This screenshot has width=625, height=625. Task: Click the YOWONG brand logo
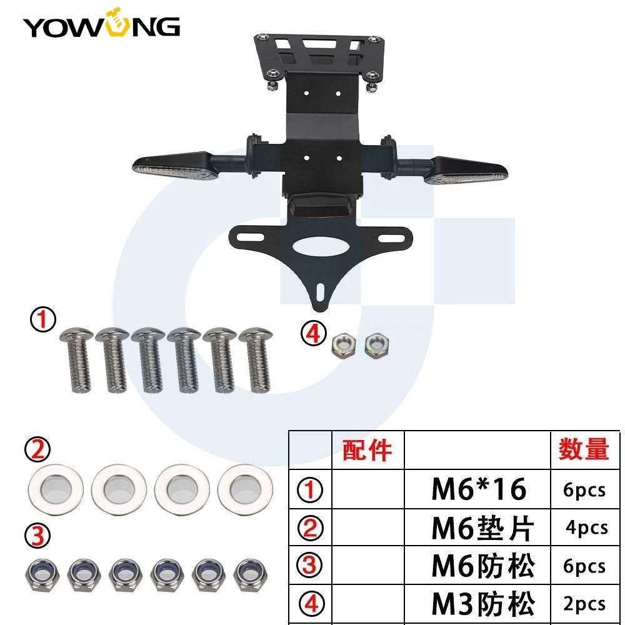pos(101,23)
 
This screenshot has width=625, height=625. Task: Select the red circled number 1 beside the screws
pos(43,319)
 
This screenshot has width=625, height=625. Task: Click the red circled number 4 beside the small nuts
pos(313,333)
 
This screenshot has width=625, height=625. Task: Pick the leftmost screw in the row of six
pos(77,360)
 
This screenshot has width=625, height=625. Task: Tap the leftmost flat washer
pos(56,489)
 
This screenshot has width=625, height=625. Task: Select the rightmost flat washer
pos(246,489)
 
